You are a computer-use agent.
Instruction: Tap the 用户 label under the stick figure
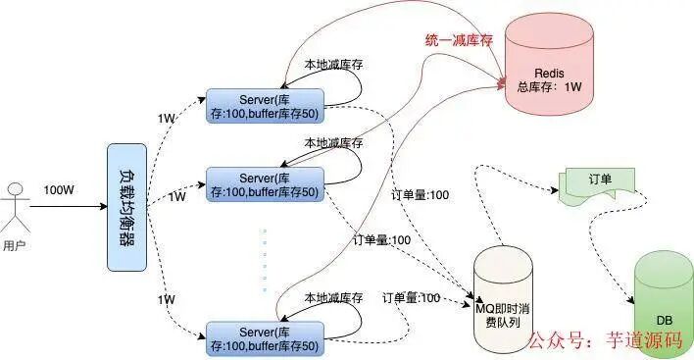[16, 245]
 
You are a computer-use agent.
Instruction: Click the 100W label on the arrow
[58, 189]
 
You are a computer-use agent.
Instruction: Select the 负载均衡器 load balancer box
[126, 206]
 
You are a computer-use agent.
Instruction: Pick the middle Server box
[265, 184]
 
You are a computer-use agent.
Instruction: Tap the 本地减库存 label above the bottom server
[332, 297]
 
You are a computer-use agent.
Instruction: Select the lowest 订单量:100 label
[411, 297]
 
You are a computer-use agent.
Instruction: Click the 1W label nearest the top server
[167, 118]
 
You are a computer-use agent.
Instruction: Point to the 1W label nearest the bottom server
[167, 299]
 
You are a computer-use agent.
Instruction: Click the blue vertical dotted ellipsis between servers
[264, 259]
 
